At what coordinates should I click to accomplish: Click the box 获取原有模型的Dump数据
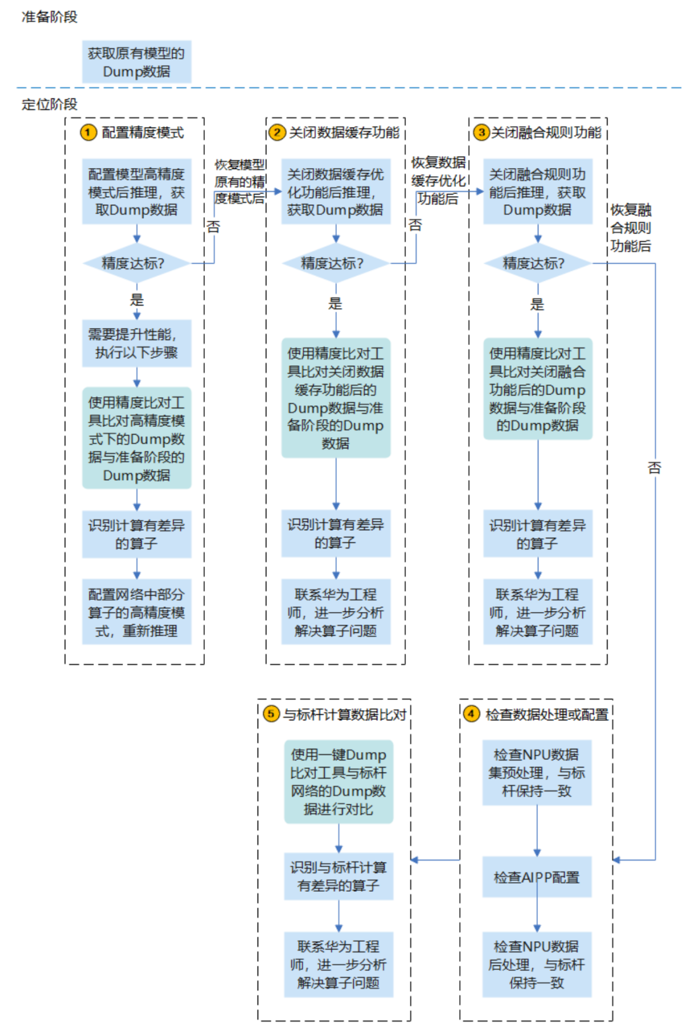click(136, 62)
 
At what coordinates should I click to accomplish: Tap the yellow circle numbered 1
click(88, 132)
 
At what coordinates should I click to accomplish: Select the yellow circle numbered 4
click(471, 713)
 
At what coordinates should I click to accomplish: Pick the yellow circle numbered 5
click(271, 713)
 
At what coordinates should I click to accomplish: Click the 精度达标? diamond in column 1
click(136, 263)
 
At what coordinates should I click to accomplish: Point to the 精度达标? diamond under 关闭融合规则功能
click(537, 263)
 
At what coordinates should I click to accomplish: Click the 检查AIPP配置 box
click(537, 877)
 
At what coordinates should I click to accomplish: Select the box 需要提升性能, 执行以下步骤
click(136, 343)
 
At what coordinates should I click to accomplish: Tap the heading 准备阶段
click(49, 17)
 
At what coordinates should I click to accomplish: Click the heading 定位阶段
click(49, 104)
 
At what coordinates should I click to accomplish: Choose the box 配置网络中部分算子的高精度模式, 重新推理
click(136, 612)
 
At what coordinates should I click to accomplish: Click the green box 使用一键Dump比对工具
click(338, 781)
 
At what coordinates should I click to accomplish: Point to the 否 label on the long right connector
click(654, 467)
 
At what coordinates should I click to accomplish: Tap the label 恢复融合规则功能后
click(630, 228)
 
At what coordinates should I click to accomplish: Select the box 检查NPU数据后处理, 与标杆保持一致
click(537, 964)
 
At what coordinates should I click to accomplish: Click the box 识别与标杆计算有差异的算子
click(338, 876)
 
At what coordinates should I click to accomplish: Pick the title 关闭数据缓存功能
click(344, 132)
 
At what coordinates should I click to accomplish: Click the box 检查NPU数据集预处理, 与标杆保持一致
click(537, 772)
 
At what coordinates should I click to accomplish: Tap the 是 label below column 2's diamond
click(335, 303)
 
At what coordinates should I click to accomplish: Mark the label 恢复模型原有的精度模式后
click(240, 181)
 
